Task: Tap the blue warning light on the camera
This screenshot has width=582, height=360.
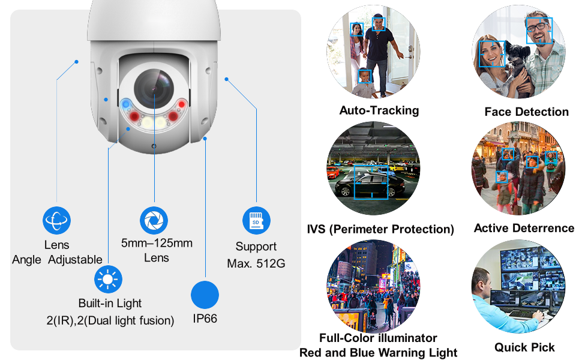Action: tap(126, 104)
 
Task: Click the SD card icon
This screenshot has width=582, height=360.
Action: tap(256, 220)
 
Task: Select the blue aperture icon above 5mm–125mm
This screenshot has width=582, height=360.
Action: tap(154, 220)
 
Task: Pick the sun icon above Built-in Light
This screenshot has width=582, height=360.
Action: tap(109, 279)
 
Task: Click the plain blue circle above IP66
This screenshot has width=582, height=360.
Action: tap(205, 295)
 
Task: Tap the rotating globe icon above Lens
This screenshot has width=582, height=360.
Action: tap(57, 220)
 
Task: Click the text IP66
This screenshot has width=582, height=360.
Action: tap(205, 319)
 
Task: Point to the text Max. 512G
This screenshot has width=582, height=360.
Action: tap(256, 263)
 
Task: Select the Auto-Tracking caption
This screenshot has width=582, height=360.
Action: tap(379, 110)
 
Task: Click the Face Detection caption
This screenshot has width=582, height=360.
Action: tap(526, 112)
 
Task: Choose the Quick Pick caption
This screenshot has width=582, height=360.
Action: tap(524, 347)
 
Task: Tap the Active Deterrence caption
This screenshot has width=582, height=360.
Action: tap(524, 228)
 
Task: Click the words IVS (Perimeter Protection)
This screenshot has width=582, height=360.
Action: tap(380, 229)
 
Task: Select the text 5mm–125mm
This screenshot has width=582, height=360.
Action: tap(157, 243)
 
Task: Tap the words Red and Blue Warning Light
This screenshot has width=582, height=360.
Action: tap(378, 353)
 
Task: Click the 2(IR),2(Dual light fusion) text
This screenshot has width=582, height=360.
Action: tap(110, 321)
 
